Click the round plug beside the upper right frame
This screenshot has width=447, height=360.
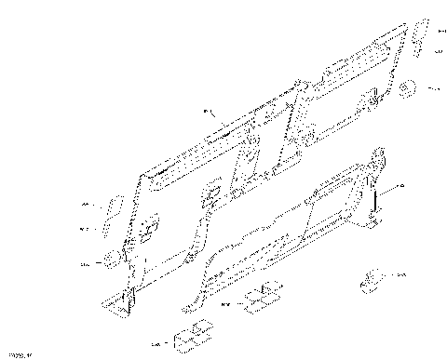pyautogui.click(x=408, y=89)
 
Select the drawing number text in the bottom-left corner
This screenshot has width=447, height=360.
pyautogui.click(x=19, y=353)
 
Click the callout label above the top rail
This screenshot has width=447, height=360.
pyautogui.click(x=207, y=112)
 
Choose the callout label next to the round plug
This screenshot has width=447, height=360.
pyautogui.click(x=433, y=88)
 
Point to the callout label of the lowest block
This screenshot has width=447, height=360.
pyautogui.click(x=156, y=343)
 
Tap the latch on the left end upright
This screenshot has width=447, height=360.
pyautogui.click(x=149, y=226)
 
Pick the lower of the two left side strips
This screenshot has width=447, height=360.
pyautogui.click(x=107, y=226)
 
